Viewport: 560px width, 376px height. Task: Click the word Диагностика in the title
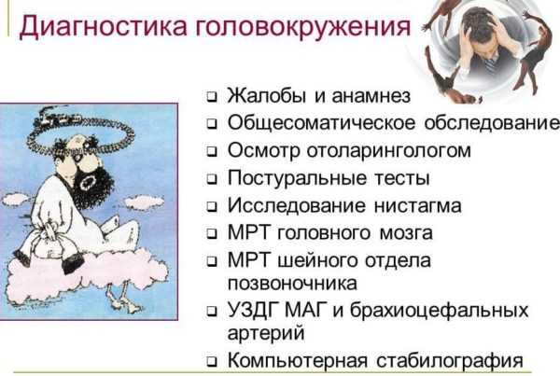click(102, 26)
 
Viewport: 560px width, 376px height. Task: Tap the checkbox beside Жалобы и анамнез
click(212, 97)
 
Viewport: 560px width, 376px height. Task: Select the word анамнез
click(371, 96)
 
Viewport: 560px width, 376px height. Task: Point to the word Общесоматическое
click(321, 123)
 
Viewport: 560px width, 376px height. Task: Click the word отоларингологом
click(389, 151)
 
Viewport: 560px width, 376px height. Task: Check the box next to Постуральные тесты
click(212, 179)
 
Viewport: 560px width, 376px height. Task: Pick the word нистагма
click(417, 206)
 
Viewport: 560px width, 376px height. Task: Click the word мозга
click(406, 233)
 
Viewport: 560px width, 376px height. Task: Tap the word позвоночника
click(292, 284)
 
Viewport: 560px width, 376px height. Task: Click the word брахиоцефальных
click(439, 310)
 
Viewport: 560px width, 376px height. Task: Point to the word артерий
click(266, 333)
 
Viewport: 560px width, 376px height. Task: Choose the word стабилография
click(450, 360)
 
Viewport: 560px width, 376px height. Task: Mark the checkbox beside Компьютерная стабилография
click(212, 362)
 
